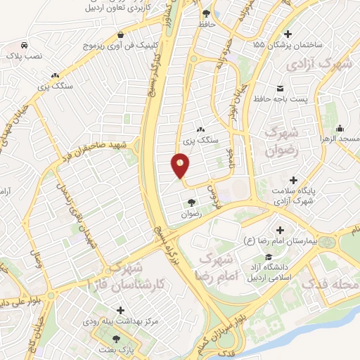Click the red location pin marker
coord(180,166)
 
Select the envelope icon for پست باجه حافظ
coord(281,88)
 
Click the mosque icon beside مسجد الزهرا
coord(340,128)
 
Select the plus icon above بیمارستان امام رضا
coord(280,230)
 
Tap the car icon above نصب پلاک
coord(25,42)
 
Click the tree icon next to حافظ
coord(206,13)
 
